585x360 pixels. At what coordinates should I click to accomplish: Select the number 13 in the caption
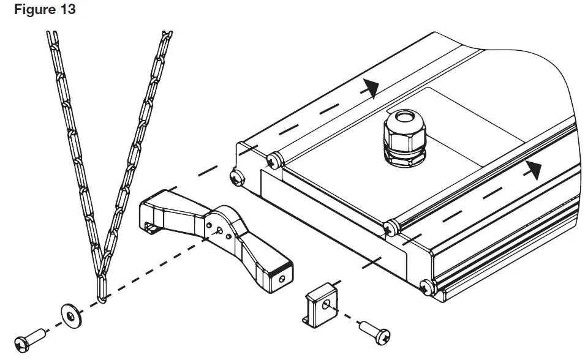pos(67,10)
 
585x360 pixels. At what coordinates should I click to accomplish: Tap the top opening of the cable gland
pos(403,116)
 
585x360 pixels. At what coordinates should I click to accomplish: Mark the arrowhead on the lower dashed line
pos(535,170)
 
